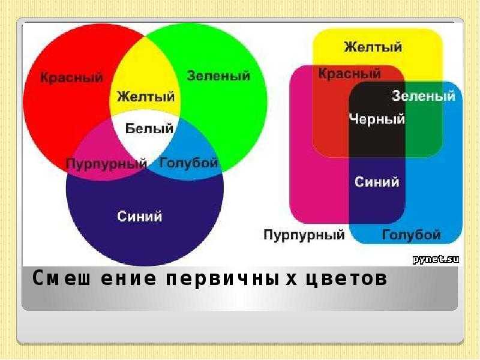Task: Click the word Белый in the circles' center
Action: (x=149, y=128)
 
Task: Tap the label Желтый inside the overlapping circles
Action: (x=146, y=97)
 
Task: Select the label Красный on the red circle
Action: (x=71, y=77)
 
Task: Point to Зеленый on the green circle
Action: (x=218, y=76)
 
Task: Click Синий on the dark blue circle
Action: (x=140, y=217)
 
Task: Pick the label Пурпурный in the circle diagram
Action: (x=107, y=164)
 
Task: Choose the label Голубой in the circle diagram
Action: (x=188, y=163)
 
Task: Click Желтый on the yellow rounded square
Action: (x=373, y=47)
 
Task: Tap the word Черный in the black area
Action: (x=377, y=119)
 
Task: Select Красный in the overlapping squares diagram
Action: (x=350, y=74)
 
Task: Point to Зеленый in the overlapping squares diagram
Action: (x=424, y=96)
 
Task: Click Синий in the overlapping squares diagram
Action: (x=377, y=182)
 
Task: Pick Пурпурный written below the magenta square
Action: (x=304, y=235)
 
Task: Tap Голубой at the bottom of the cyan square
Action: (x=412, y=235)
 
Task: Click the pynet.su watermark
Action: (x=436, y=260)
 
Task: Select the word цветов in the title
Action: (x=347, y=278)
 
